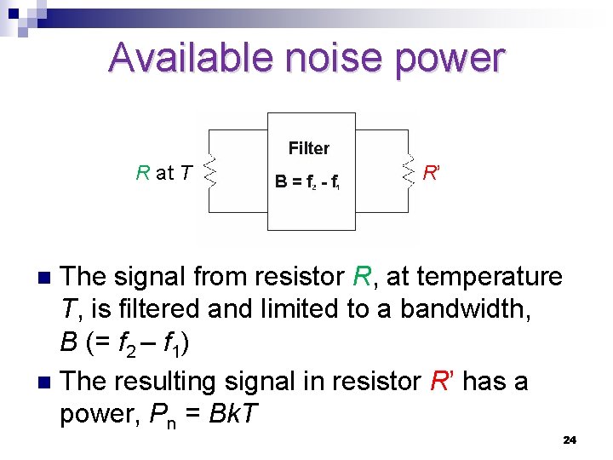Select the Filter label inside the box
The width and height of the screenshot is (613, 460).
pos(308,148)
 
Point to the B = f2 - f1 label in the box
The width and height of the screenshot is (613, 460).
pos(307,181)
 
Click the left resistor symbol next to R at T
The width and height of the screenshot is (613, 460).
pos(211,174)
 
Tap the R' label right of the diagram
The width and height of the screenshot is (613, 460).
pos(431,173)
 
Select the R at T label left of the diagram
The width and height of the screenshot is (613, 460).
pos(163,173)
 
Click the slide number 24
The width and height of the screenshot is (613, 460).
pos(570,440)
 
